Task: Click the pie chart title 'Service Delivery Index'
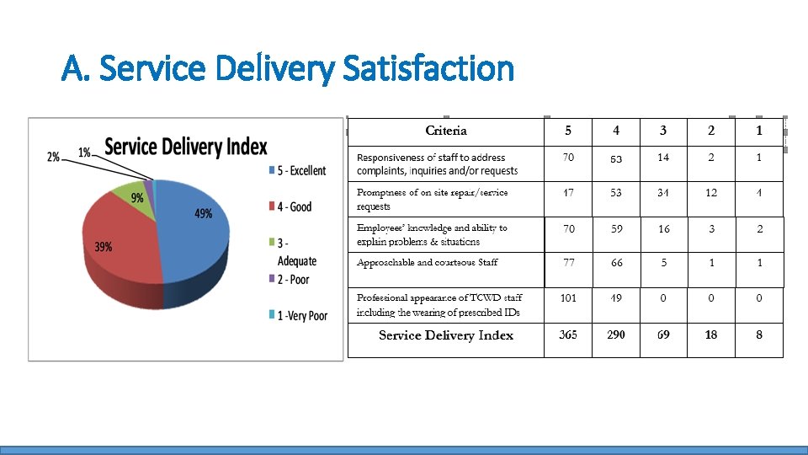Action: pyautogui.click(x=185, y=147)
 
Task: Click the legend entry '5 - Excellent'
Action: pyautogui.click(x=295, y=170)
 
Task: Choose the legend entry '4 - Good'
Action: pyautogui.click(x=290, y=206)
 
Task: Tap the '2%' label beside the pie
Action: pyautogui.click(x=54, y=157)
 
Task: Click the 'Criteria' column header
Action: pyautogui.click(x=446, y=131)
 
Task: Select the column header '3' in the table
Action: pyautogui.click(x=663, y=131)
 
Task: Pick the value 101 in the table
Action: pyautogui.click(x=568, y=297)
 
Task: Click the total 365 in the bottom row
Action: pyautogui.click(x=568, y=335)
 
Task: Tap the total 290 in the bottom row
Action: pyautogui.click(x=616, y=335)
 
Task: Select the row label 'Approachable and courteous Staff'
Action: pyautogui.click(x=427, y=263)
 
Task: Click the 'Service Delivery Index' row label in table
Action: pyautogui.click(x=446, y=335)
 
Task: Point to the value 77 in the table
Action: pyautogui.click(x=569, y=263)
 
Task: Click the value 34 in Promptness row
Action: pyautogui.click(x=663, y=193)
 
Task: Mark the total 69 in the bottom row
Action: pyautogui.click(x=663, y=335)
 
